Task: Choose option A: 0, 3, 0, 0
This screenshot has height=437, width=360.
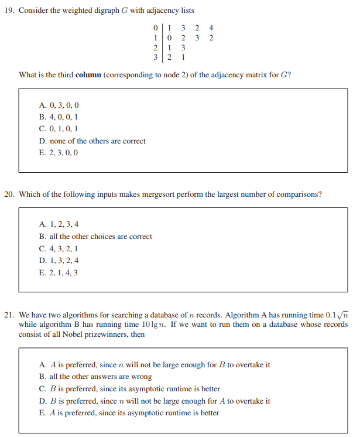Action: pyautogui.click(x=59, y=105)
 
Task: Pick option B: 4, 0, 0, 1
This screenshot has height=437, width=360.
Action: pyautogui.click(x=59, y=117)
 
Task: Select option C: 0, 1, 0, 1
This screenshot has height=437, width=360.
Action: pyautogui.click(x=59, y=129)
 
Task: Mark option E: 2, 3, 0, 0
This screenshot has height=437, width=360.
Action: pyautogui.click(x=59, y=153)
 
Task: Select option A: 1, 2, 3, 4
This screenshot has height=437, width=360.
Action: pyautogui.click(x=59, y=225)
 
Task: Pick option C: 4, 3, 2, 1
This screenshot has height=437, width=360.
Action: pyautogui.click(x=59, y=248)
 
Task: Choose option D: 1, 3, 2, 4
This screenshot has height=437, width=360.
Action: pyautogui.click(x=59, y=261)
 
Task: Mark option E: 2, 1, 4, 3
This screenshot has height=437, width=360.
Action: pyautogui.click(x=59, y=272)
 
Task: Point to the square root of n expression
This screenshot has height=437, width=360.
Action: pyautogui.click(x=342, y=315)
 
